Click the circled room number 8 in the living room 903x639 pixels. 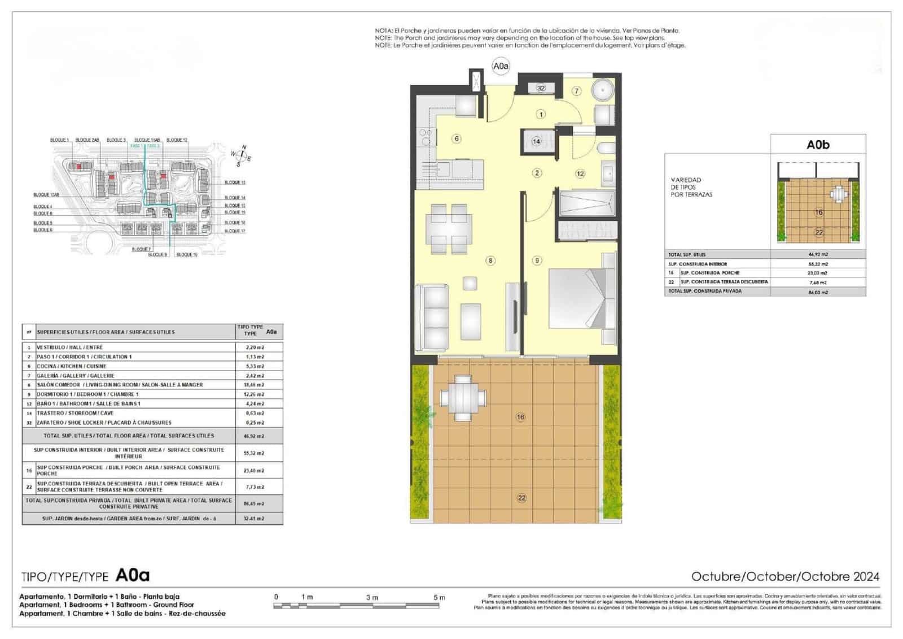491,260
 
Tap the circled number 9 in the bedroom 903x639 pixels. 537,260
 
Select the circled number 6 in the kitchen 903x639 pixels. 457,138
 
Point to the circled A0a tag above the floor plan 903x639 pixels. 501,66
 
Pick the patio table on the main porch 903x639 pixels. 463,398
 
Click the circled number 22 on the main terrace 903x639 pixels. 521,498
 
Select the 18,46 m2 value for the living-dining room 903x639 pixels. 255,385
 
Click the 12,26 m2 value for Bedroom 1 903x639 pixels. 255,394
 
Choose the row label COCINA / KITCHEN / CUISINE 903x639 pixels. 72,366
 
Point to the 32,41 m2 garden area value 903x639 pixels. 255,518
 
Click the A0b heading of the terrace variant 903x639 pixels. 818,145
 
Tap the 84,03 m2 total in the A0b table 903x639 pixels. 818,292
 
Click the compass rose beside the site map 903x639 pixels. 242,156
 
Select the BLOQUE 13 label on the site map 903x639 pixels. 235,182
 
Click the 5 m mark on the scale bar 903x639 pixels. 439,597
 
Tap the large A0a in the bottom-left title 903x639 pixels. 133,575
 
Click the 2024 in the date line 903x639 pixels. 866,576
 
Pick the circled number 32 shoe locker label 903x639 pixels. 541,88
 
